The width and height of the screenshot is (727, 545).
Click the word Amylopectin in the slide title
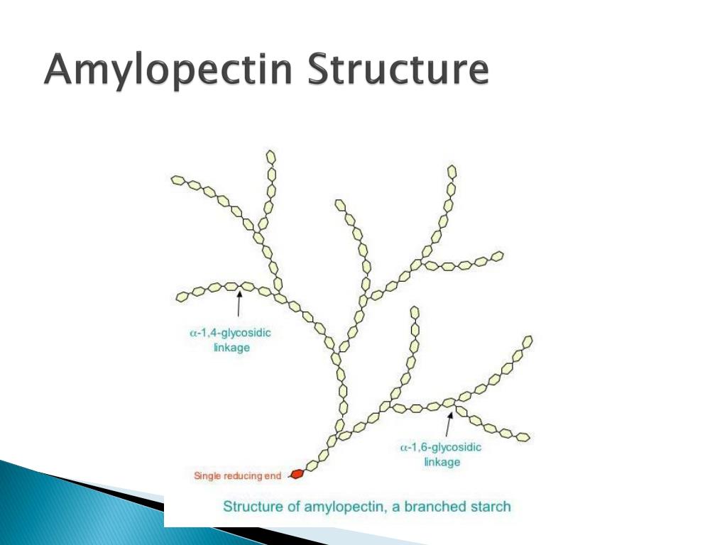(x=168, y=71)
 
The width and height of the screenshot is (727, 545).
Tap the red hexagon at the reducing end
(x=297, y=473)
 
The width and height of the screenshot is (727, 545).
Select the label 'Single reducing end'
(x=237, y=475)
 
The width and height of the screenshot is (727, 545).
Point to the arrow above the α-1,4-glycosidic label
(x=239, y=304)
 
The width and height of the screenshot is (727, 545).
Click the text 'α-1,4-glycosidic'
(x=231, y=332)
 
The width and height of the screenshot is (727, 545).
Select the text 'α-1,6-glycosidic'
(x=441, y=448)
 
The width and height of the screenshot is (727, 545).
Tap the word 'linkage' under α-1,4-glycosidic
(x=231, y=347)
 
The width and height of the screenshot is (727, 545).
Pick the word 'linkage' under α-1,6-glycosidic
(x=442, y=463)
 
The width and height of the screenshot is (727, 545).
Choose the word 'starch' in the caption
(x=490, y=507)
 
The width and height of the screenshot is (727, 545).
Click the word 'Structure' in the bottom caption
(x=253, y=507)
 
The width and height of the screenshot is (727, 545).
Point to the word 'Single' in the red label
(x=207, y=475)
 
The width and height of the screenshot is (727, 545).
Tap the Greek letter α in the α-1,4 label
(x=192, y=333)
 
